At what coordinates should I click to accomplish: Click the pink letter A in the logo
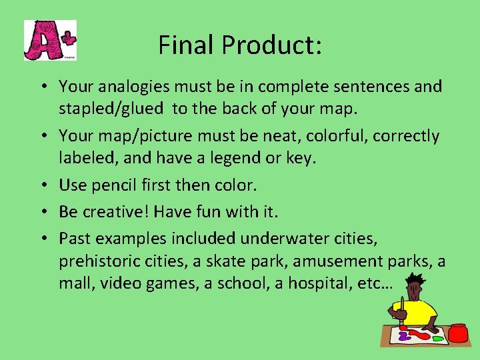coord(41,41)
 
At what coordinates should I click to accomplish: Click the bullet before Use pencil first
coord(42,184)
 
